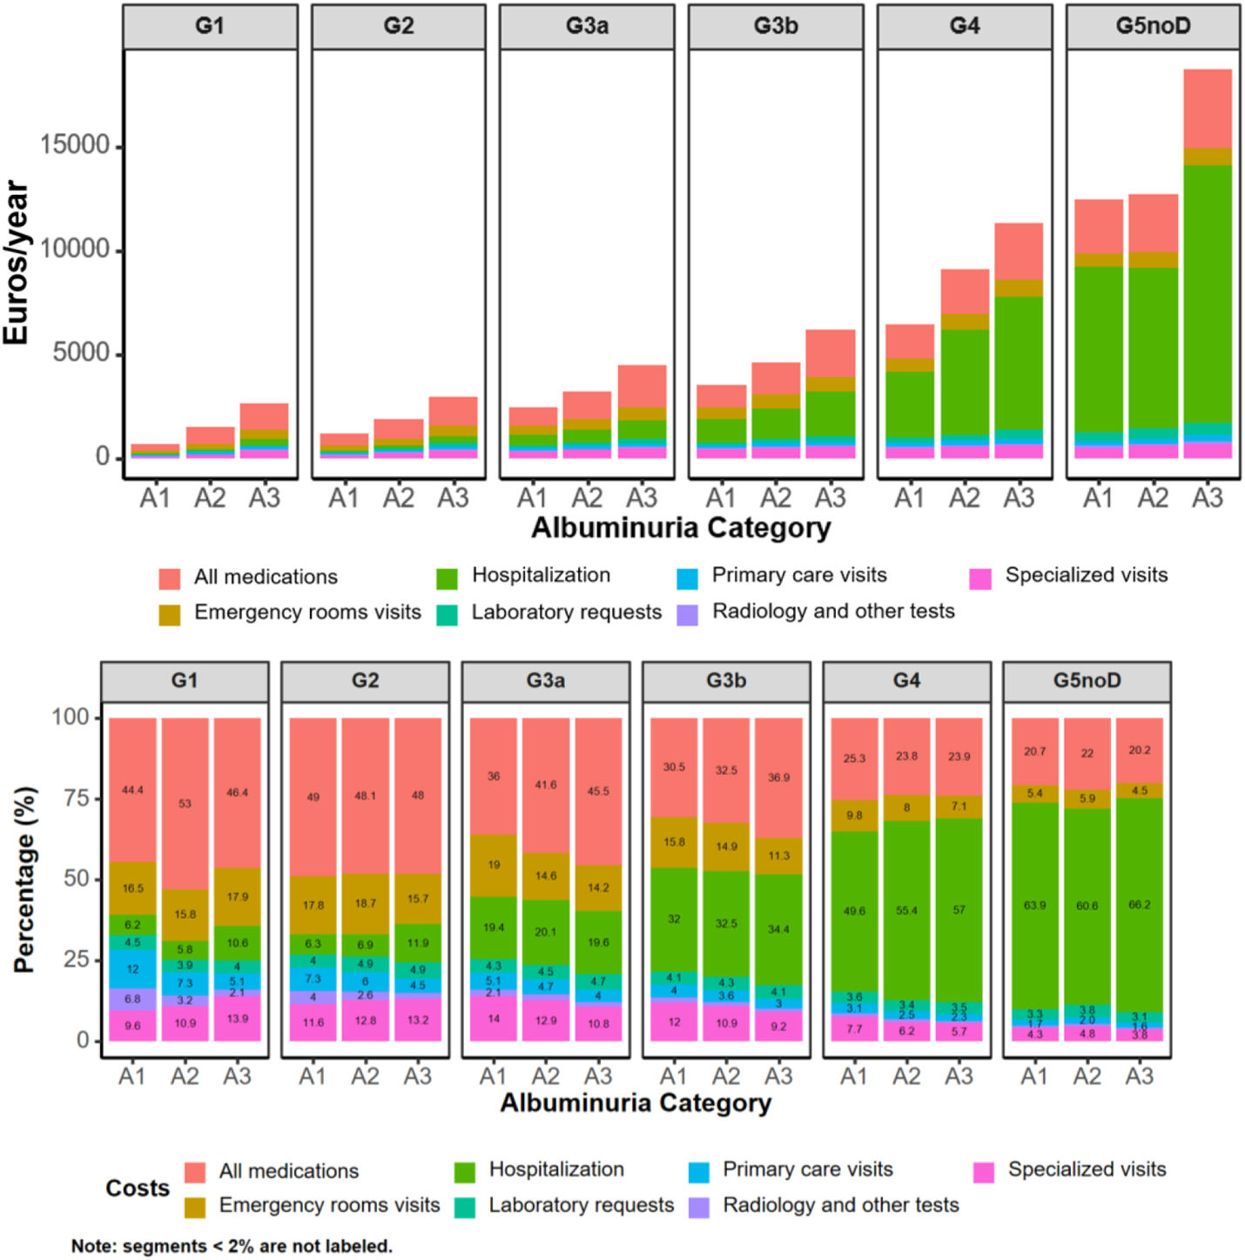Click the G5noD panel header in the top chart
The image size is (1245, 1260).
coord(1153,26)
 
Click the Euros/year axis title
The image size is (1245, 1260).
coord(16,262)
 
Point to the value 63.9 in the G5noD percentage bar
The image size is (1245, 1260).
coord(1034,906)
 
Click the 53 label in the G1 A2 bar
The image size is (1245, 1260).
coord(185,803)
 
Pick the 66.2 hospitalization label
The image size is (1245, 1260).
coord(1139,905)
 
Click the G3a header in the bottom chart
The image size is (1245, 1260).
coord(545,680)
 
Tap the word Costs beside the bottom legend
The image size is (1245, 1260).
coord(137,1189)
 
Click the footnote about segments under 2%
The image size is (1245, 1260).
coord(232,1246)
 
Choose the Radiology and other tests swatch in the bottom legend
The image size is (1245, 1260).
coord(698,1207)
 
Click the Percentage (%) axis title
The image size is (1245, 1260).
coord(25,879)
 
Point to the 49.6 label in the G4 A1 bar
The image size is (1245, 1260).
coord(854,911)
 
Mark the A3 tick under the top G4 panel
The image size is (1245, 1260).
coord(1019,498)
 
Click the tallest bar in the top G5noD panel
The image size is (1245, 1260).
coord(1207,261)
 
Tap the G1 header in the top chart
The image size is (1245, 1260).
coord(210,26)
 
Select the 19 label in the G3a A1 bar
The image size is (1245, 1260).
coord(494,865)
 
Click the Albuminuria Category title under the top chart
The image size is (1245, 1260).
coord(681,528)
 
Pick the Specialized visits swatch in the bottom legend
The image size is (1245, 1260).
coord(984,1172)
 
